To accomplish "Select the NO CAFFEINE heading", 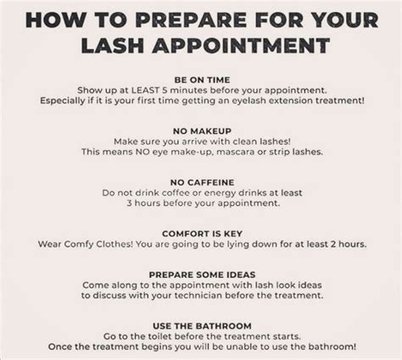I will point(200,180).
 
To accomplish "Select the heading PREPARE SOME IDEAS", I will point(200,275).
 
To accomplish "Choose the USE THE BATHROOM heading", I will point(200,324).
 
